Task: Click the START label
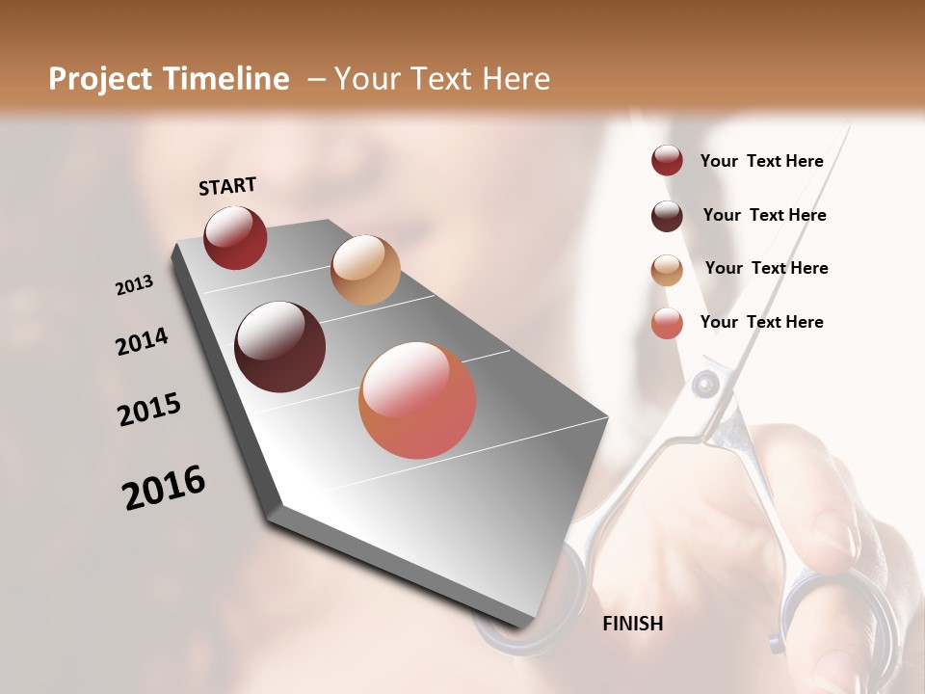227,186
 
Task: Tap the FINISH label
632,624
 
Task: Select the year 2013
134,285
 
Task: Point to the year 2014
142,342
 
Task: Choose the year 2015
149,410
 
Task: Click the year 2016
164,487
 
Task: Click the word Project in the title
101,79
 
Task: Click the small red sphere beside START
235,237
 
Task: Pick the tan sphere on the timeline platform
365,270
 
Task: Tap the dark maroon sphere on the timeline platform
280,347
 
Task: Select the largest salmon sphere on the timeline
417,400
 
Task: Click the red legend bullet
667,160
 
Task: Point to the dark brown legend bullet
667,216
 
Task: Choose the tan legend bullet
667,270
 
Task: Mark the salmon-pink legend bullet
667,323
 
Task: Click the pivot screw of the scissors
707,386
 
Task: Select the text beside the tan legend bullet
766,268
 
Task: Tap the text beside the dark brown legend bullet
764,215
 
